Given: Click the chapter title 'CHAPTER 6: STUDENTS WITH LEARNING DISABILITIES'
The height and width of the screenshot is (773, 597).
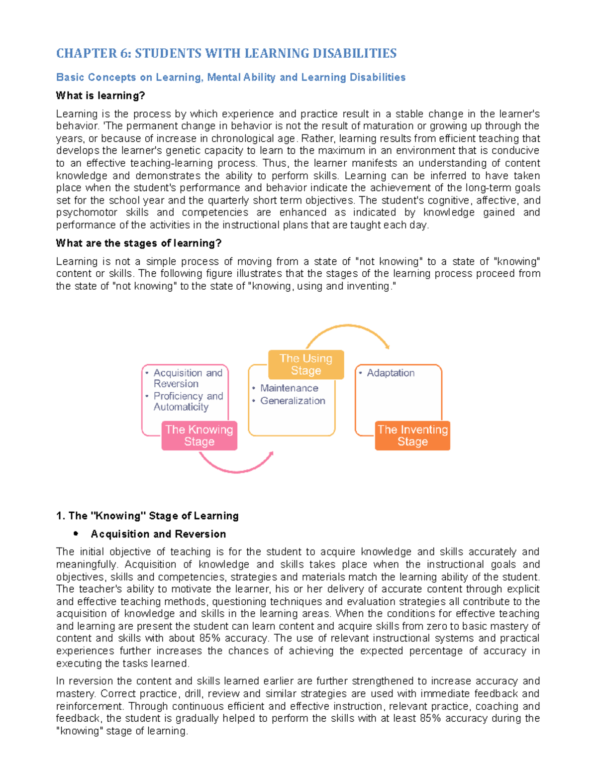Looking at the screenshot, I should (x=226, y=53).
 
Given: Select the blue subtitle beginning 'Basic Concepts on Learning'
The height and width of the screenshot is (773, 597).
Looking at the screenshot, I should (x=230, y=77).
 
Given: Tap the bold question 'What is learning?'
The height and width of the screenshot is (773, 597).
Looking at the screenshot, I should (x=100, y=96).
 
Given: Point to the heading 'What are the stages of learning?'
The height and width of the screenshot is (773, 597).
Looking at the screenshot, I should (x=138, y=243).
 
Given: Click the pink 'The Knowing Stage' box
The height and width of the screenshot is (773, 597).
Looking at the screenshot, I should (x=199, y=436).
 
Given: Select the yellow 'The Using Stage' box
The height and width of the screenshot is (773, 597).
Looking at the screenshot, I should (x=305, y=364).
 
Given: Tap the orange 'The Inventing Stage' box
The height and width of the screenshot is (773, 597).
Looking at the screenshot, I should (x=412, y=436).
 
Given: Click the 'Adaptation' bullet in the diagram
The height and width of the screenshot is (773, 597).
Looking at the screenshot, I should (x=390, y=373).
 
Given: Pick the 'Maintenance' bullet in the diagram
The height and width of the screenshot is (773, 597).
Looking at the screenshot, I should (x=289, y=388).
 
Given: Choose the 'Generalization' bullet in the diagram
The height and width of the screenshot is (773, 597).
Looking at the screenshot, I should (x=293, y=401).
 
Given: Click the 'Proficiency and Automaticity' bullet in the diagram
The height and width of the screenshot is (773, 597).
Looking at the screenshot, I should (x=188, y=401).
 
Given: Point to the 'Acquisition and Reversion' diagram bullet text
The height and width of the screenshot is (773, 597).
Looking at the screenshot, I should (x=188, y=378).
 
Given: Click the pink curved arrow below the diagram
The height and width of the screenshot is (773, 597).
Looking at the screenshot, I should (x=235, y=466).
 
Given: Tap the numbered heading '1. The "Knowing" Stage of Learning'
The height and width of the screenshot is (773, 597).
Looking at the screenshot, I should (x=147, y=516).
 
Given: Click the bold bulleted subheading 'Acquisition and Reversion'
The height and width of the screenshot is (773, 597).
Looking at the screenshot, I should (x=158, y=534).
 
